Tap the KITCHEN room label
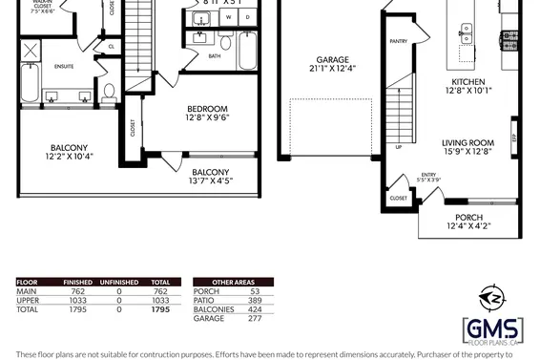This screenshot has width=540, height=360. (x=468, y=82)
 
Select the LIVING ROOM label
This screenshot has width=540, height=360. (x=467, y=143)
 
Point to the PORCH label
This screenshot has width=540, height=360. (x=468, y=218)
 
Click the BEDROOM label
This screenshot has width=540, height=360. (x=207, y=108)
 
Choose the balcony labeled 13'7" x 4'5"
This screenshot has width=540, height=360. (x=211, y=172)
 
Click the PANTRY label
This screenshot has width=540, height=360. (x=398, y=42)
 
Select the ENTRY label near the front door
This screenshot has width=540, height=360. (x=428, y=175)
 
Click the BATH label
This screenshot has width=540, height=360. (x=215, y=55)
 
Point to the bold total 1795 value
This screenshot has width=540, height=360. (x=161, y=309)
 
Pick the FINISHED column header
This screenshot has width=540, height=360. (x=77, y=283)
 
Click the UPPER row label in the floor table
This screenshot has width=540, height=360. (x=28, y=301)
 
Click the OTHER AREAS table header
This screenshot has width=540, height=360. (x=232, y=283)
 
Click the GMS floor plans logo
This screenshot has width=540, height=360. (x=492, y=330)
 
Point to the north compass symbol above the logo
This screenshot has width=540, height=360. (x=492, y=297)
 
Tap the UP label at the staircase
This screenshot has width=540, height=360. (x=398, y=148)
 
